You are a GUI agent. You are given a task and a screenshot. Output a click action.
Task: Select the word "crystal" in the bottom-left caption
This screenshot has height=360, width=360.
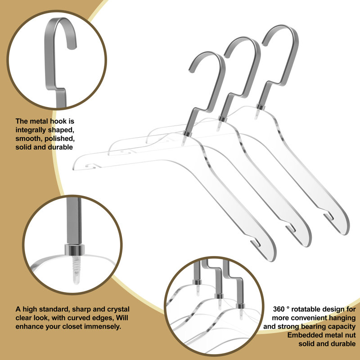118,309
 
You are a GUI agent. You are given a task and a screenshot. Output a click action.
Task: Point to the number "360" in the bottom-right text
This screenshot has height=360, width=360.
279,309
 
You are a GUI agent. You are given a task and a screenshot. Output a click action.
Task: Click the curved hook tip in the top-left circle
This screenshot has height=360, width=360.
72,47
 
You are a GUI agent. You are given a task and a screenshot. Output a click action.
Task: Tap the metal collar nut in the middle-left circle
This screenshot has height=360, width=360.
75,250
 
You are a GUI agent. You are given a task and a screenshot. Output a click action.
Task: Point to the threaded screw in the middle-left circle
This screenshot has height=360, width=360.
76,269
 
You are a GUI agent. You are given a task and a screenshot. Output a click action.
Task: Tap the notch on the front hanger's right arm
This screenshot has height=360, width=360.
255,243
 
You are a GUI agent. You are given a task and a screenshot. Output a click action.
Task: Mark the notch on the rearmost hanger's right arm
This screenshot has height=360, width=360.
329,216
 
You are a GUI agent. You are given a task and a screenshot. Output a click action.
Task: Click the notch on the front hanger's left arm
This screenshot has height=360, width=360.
91,166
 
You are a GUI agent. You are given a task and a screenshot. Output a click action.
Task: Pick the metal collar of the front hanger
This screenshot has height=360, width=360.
187,134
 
